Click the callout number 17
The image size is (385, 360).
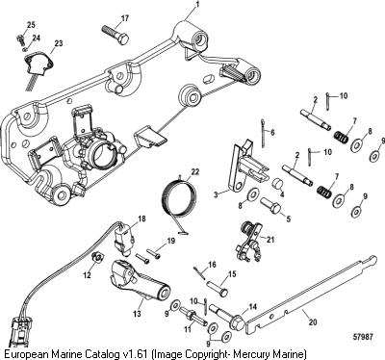125,18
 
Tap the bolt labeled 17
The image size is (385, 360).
115,33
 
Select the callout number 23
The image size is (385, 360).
59,43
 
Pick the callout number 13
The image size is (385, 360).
137,314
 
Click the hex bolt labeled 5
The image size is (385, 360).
270,206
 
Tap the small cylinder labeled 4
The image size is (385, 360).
278,184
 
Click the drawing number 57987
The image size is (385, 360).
363,337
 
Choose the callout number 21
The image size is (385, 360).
270,240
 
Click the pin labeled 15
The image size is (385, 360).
217,287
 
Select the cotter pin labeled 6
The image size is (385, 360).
263,134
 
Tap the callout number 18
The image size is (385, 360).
141,219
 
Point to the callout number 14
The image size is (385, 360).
253,307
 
